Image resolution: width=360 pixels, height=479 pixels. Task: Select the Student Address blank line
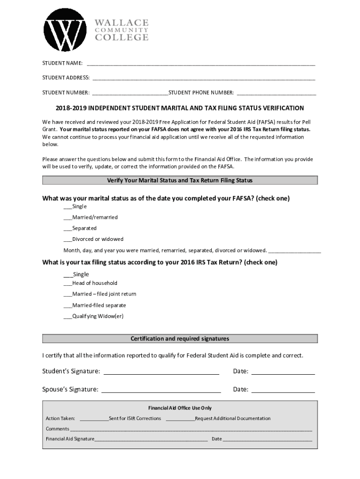coord(203,78)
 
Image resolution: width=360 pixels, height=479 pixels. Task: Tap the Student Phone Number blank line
coord(276,93)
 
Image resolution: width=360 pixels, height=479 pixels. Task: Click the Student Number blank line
coord(130,93)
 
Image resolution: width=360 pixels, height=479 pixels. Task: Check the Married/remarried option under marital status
coord(68,218)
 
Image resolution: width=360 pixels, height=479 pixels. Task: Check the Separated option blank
coord(68,229)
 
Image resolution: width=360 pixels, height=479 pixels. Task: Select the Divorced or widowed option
coord(68,239)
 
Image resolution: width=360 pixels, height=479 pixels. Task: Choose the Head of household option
coord(68,283)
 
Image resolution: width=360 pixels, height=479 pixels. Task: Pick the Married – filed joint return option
coord(68,295)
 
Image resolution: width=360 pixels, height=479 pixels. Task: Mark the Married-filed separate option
coord(68,306)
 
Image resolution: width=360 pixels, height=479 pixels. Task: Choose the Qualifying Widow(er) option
coord(68,317)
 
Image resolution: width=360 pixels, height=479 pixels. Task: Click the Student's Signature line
coord(161,372)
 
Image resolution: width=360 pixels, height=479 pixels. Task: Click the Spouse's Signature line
coord(161,390)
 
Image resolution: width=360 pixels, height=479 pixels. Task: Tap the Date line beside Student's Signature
coord(283,372)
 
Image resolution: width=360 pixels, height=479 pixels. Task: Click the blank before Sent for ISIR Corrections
coord(94,419)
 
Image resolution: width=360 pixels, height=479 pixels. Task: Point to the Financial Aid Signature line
coord(151,439)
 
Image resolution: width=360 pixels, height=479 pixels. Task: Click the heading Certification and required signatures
coord(180,339)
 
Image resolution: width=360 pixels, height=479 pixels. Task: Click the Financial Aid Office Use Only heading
coord(180,408)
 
